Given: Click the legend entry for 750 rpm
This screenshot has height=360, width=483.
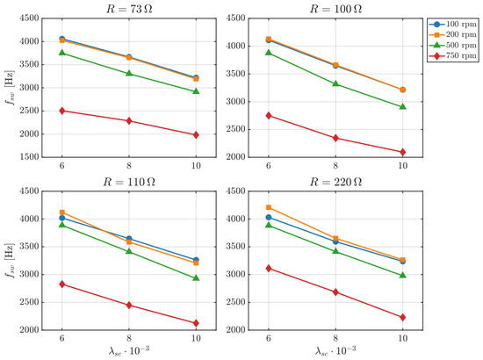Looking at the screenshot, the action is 453,55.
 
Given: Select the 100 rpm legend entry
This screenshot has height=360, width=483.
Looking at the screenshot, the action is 453,24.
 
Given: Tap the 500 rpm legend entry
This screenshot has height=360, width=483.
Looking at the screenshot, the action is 453,46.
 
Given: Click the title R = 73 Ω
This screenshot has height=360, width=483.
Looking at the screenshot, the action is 129,9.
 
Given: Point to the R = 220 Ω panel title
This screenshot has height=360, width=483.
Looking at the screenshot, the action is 335,182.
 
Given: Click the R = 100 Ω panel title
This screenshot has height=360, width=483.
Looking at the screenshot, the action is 335,9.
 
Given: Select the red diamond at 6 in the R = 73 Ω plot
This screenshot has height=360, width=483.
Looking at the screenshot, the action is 62,111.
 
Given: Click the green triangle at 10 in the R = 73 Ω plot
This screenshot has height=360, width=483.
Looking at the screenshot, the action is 196,91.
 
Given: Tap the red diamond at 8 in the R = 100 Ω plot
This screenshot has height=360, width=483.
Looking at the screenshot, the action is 335,138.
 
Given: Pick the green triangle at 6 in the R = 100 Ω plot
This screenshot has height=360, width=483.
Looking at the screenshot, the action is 269,53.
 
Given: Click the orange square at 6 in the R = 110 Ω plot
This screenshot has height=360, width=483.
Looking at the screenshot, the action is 62,212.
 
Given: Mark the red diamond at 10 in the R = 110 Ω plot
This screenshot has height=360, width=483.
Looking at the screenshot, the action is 196,323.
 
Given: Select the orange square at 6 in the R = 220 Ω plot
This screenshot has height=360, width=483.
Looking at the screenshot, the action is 269,207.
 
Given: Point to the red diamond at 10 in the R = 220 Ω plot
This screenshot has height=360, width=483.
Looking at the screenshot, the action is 402,317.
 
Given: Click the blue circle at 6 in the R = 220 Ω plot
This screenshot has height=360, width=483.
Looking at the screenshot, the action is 269,218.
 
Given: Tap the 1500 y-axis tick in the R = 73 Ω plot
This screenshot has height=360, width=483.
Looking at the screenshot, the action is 30,157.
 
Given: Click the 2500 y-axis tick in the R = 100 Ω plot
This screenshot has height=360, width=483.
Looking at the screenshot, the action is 236,129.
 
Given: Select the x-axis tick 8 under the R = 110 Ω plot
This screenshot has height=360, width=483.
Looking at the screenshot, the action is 129,338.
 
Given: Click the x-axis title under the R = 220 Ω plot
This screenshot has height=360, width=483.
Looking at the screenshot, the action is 335,350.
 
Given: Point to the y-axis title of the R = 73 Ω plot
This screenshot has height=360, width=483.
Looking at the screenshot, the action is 10,88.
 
